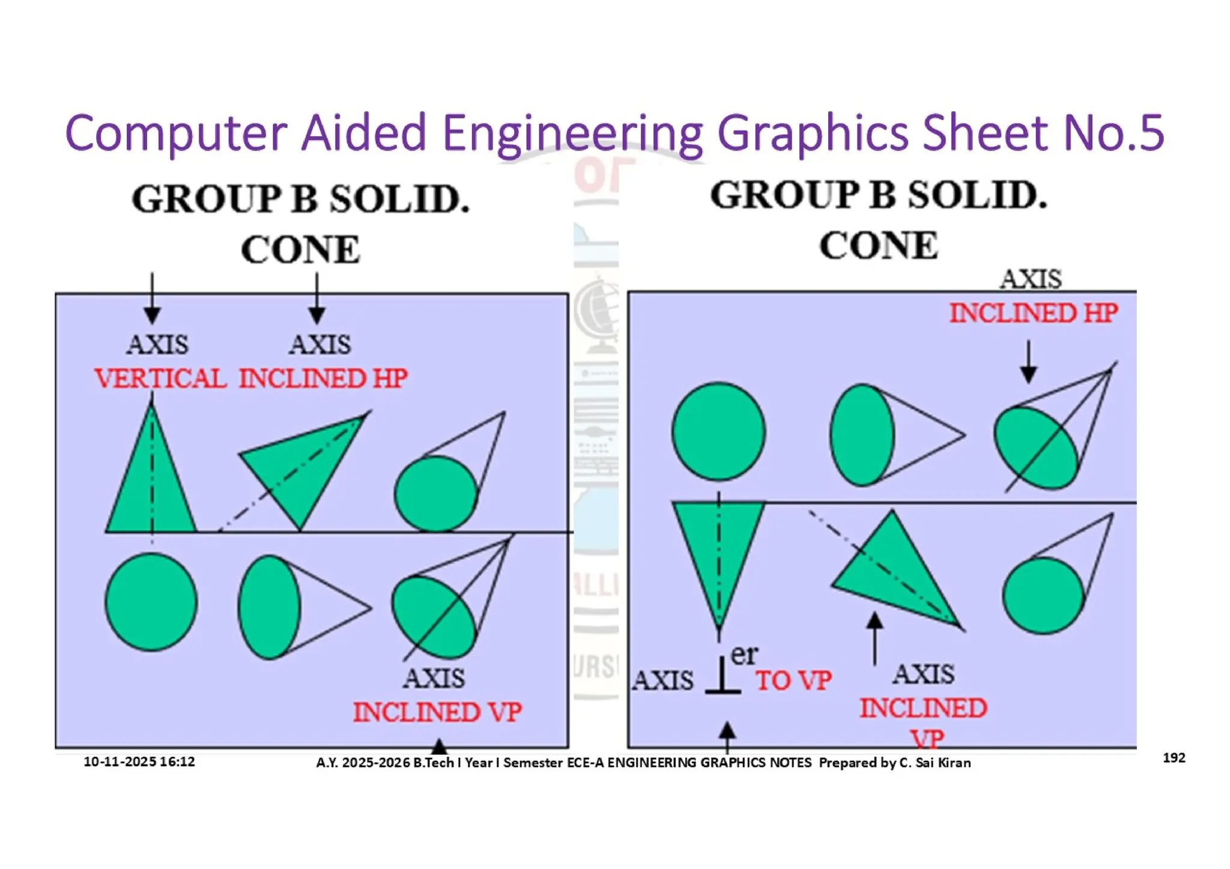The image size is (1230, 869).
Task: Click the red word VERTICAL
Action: pos(160,379)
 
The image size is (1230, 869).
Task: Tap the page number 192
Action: pos(1174,758)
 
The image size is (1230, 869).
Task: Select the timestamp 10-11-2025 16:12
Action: pos(139,762)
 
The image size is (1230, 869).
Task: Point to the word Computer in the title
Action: pos(175,133)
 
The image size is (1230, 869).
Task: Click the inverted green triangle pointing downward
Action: pos(718,553)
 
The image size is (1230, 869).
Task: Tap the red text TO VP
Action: pos(793,681)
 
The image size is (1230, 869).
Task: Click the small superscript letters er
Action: pos(744,655)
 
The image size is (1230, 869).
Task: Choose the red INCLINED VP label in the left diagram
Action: pos(437,712)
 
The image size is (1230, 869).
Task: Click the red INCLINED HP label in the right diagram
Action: pos(1033,313)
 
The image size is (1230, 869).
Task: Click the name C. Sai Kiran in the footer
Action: pos(935,763)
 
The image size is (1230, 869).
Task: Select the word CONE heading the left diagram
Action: pos(300,250)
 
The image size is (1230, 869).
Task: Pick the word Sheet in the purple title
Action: pos(984,133)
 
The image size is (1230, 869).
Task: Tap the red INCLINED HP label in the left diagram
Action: pos(323,379)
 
